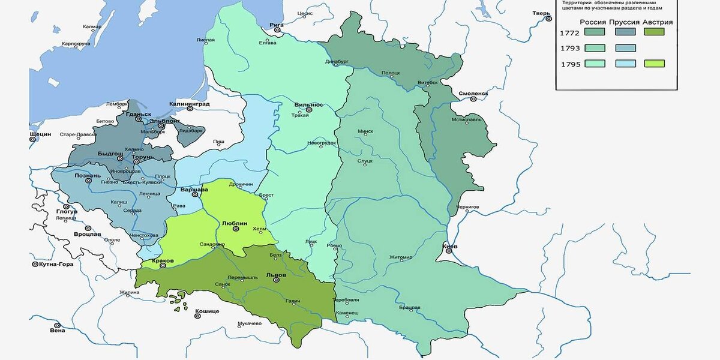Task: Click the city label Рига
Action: point(276,25)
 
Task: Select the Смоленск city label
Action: point(473,94)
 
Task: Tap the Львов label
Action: point(276,275)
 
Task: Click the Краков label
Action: point(163,260)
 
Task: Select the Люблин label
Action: point(235,222)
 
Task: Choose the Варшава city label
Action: point(194,190)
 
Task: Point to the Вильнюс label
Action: point(309,104)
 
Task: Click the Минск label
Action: point(365,131)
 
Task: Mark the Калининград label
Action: point(189,103)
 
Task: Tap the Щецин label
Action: point(40,134)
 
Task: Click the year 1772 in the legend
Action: point(569,32)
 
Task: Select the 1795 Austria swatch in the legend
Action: point(653,63)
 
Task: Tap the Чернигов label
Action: point(467,206)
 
